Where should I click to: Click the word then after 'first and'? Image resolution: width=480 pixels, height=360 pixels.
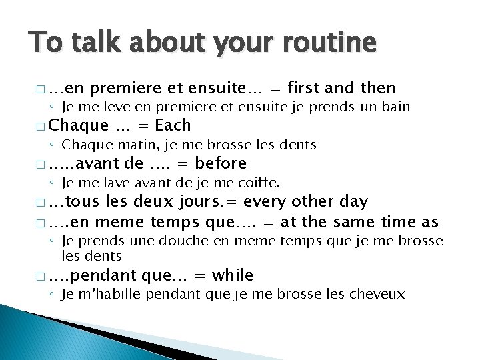tap(378, 88)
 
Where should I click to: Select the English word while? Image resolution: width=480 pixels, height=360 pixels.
tap(230, 275)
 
